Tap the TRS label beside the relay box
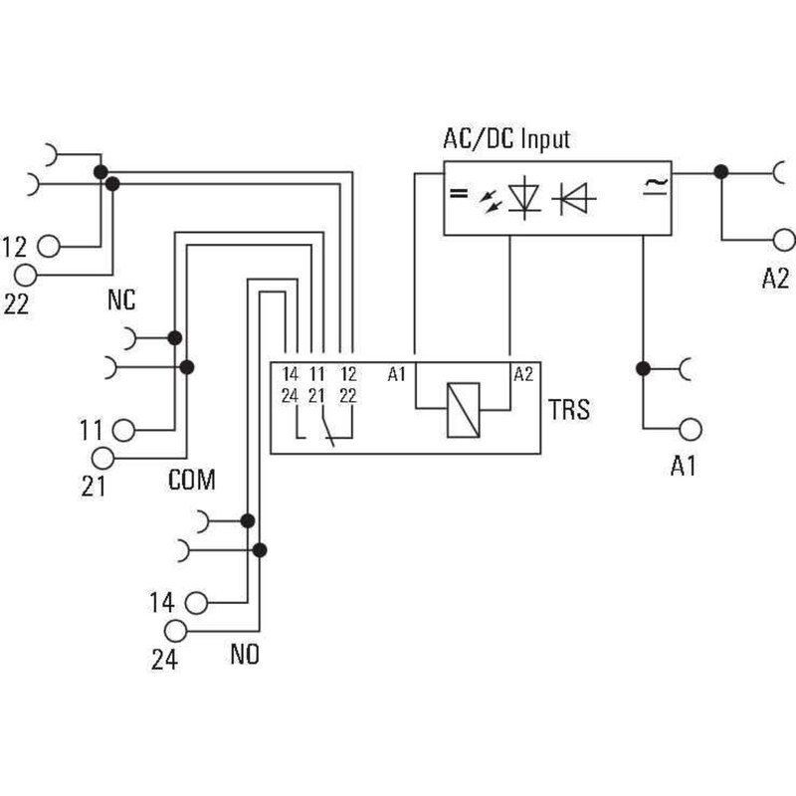(568, 409)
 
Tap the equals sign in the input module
(458, 194)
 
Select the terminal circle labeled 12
(50, 245)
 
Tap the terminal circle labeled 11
(123, 430)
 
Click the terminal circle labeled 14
(196, 602)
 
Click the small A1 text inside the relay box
(398, 375)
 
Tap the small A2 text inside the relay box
(523, 375)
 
